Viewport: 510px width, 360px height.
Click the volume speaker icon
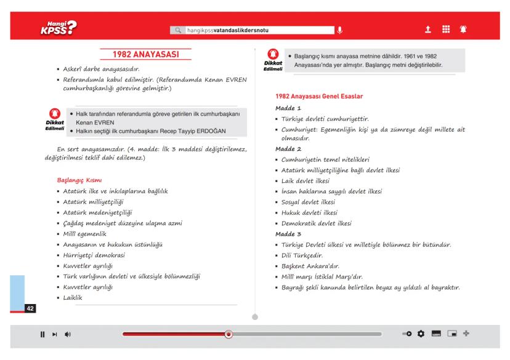[x=67, y=334]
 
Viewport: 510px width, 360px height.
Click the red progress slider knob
[x=229, y=334]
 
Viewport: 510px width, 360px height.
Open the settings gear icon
[x=421, y=334]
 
